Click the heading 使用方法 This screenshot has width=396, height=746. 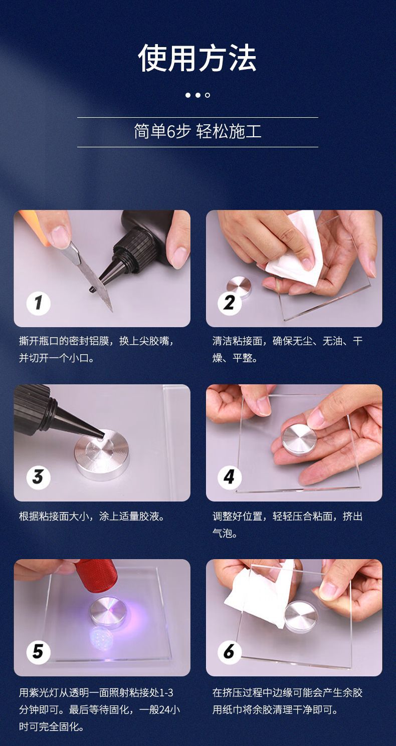tap(197, 59)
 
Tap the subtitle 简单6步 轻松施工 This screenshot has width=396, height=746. tap(197, 132)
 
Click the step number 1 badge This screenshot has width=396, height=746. tap(39, 303)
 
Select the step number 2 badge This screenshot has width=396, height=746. tap(230, 303)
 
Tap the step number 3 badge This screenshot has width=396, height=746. tap(39, 477)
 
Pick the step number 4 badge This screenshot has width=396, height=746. tap(230, 477)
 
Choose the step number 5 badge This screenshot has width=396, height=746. tap(39, 651)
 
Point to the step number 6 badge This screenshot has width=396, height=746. tap(230, 651)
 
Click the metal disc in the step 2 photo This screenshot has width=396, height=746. tap(239, 286)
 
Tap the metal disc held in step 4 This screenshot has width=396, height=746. tap(299, 439)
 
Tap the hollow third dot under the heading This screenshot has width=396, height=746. tap(208, 95)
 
